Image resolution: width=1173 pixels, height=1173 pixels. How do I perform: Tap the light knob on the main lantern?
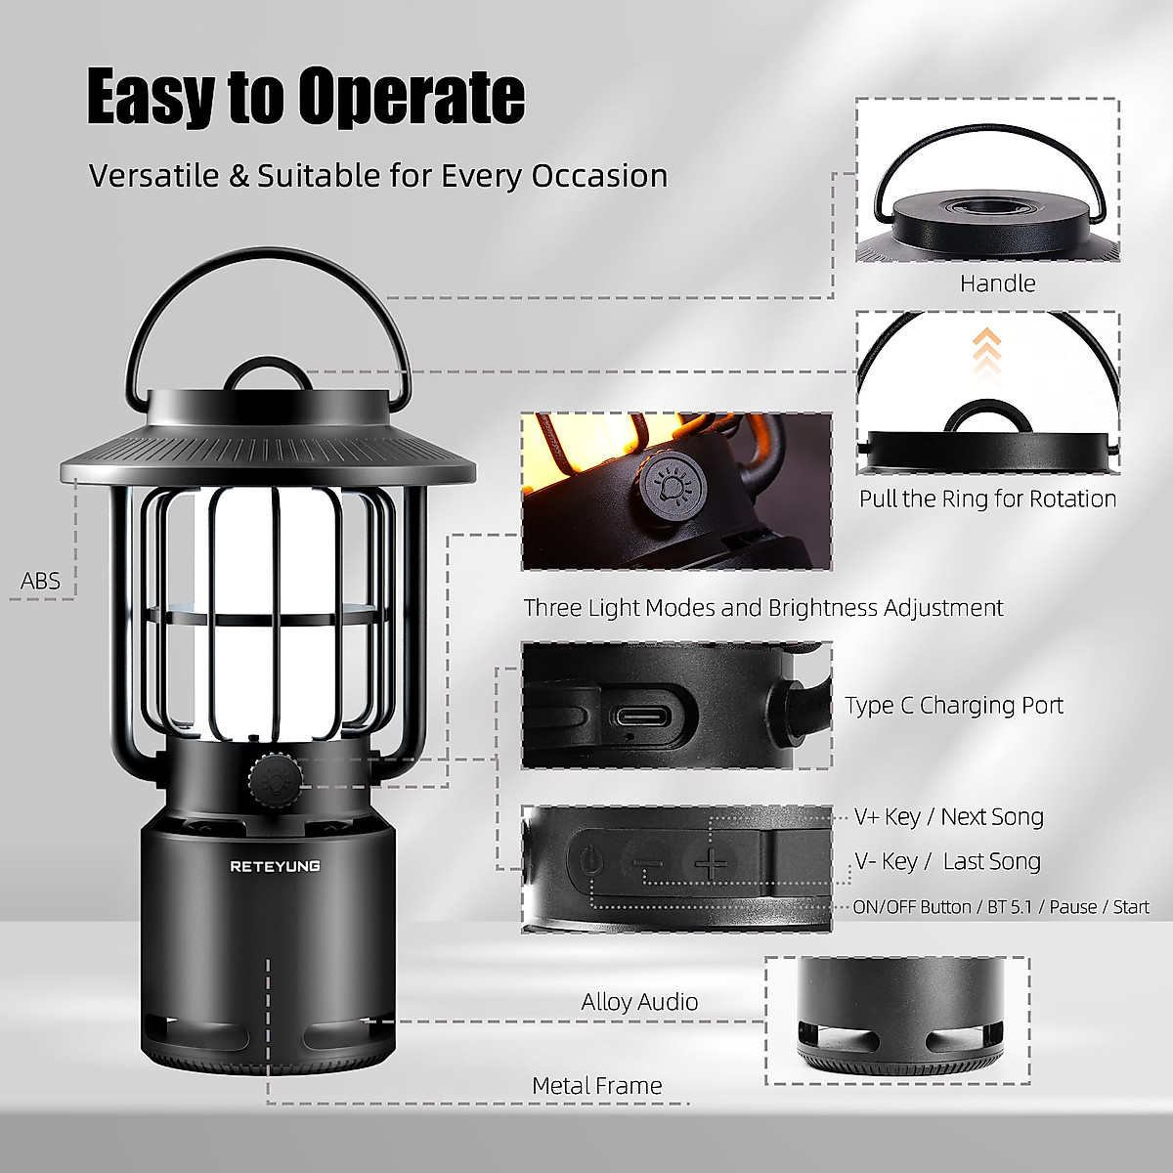[268, 778]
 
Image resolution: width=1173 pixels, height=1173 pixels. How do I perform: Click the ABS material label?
[41, 582]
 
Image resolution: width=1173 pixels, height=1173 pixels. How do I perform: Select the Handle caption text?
[997, 283]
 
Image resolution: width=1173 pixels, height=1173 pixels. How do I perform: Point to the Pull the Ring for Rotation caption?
[987, 499]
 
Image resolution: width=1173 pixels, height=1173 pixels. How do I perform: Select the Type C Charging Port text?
[954, 705]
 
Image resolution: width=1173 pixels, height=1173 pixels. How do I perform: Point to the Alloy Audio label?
[639, 1002]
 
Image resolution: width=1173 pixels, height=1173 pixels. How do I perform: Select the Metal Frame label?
[597, 1086]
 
